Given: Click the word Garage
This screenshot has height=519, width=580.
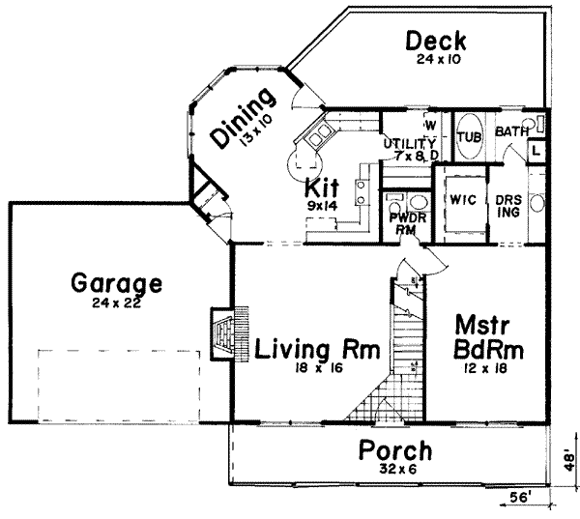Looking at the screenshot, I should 116,284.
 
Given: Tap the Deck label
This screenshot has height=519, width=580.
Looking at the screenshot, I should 436,42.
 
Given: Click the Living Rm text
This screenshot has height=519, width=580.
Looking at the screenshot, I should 317,347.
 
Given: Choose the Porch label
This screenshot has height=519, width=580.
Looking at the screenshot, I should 395,451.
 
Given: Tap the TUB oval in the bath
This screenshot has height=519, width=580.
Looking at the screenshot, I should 470,136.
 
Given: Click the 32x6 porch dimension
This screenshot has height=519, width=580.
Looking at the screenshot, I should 395,471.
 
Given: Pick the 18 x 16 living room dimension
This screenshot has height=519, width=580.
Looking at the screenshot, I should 315,368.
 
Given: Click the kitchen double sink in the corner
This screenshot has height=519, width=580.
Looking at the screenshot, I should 316,135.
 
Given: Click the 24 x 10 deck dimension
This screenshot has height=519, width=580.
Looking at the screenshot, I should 436,60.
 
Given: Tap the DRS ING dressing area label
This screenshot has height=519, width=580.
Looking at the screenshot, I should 508,205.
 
